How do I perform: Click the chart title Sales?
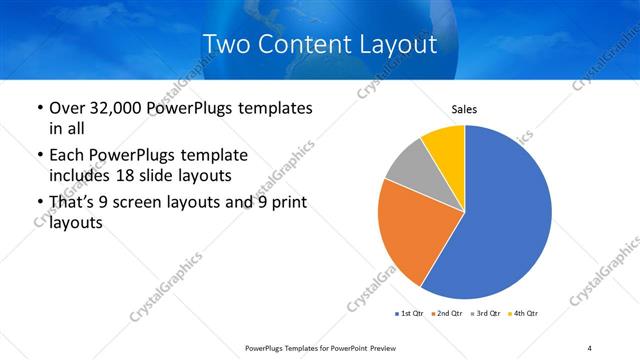point(465,108)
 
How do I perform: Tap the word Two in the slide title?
point(224,44)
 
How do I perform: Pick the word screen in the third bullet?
point(148,203)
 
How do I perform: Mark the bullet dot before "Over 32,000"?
point(38,109)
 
